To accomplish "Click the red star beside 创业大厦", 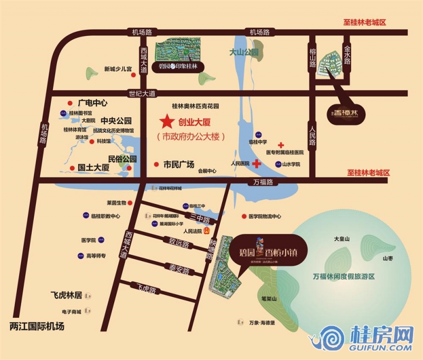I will tap(167, 122).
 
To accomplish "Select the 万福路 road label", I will tap(263, 182).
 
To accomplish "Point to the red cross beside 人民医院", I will tap(256, 164).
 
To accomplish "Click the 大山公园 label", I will tap(244, 52).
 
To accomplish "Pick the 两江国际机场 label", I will tap(37, 326).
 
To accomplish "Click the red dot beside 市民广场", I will tap(155, 164).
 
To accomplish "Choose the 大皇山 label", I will tap(342, 239).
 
